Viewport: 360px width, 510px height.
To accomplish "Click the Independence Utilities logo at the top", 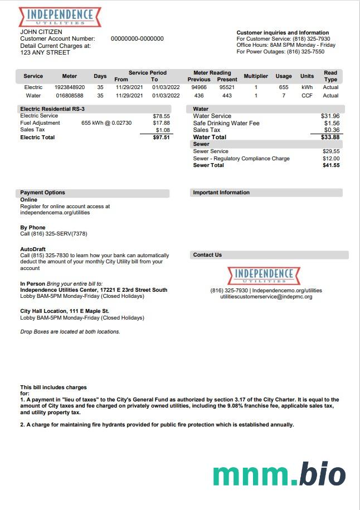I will coord(60,17).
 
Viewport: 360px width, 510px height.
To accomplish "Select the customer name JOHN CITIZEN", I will coord(41,32).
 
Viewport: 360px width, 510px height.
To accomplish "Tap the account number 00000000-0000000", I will coord(137,39).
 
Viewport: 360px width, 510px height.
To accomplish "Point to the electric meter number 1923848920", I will coord(70,87).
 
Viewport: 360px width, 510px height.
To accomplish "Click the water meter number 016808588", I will coord(70,96).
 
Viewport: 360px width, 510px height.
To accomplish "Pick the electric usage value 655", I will coord(284,87).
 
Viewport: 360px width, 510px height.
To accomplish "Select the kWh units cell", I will coord(307,87).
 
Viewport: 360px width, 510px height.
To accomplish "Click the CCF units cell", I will coord(307,96).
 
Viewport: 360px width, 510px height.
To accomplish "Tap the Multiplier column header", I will coord(256,76).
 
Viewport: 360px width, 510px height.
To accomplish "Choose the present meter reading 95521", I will coord(227,87).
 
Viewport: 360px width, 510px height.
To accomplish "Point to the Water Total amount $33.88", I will coord(330,137).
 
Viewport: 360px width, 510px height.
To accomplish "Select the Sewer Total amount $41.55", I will coord(330,165).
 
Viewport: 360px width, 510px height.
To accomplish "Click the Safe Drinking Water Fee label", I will coord(226,123).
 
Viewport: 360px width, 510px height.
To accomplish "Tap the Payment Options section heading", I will coord(43,193).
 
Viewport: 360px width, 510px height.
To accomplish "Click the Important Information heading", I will coord(221,193).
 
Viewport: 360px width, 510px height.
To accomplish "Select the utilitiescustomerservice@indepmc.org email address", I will coord(266,297).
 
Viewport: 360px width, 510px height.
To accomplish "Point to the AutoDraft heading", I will coord(33,249).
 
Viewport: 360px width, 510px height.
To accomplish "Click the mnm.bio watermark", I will coord(279,474).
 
